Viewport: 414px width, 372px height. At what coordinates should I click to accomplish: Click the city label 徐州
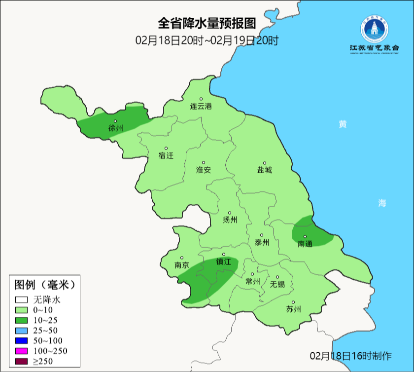tap(116, 128)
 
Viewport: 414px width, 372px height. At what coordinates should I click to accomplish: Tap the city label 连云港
tap(201, 106)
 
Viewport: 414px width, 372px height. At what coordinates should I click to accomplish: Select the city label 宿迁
tap(166, 155)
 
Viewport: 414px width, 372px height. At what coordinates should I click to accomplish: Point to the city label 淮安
tap(204, 170)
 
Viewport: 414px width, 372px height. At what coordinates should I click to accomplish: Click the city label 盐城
tap(265, 170)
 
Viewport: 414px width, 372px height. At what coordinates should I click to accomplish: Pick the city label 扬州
tap(230, 220)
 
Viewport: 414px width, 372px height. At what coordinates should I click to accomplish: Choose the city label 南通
tap(305, 244)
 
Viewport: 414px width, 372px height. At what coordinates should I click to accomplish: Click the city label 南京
tap(182, 265)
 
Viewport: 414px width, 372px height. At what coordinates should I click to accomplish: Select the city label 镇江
tap(224, 262)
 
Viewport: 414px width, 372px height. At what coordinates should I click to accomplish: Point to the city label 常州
tap(252, 281)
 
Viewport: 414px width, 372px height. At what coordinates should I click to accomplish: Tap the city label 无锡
tap(277, 284)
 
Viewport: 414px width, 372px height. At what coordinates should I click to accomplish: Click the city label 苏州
tap(293, 309)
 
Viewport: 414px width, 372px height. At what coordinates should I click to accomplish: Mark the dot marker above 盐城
tap(265, 163)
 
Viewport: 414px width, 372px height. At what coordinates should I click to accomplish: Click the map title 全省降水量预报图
tap(207, 23)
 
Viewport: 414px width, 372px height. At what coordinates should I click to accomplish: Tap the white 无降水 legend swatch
tap(21, 299)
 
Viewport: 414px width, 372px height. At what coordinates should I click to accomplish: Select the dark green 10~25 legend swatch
tap(21, 320)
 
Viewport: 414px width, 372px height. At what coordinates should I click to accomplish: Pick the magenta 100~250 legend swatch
tap(21, 351)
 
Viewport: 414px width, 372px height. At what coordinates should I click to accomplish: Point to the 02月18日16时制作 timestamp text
tap(350, 355)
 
